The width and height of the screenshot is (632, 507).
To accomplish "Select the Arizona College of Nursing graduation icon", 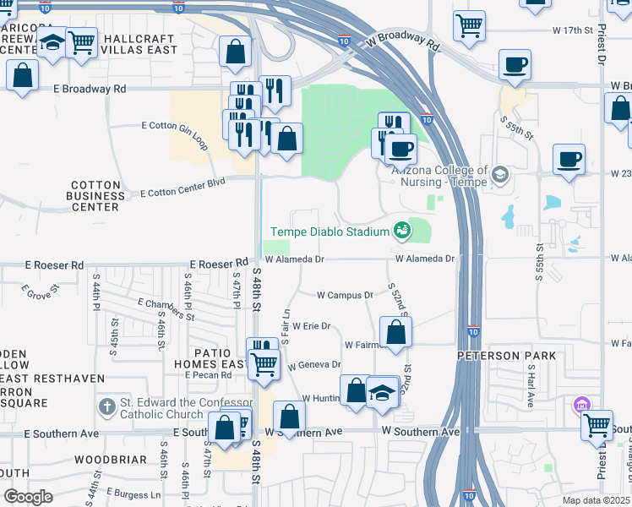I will pos(499,175).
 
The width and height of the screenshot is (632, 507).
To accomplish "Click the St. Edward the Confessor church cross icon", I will pos(106,407).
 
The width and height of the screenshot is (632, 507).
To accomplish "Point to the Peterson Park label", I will pos(507,356).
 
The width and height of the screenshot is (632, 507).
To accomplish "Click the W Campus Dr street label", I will pos(345,295).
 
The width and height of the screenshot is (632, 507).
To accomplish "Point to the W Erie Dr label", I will pos(311,325).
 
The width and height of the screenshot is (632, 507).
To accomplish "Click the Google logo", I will pos(28,497).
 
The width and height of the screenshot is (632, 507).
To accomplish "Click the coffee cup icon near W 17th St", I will pos(514,65).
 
